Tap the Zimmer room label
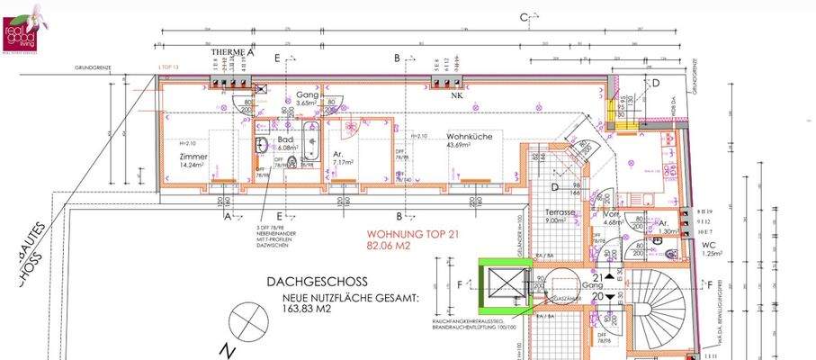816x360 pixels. (193, 155)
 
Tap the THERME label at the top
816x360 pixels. (228, 54)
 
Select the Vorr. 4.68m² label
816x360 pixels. (613, 219)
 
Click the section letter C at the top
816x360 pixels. (523, 16)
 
